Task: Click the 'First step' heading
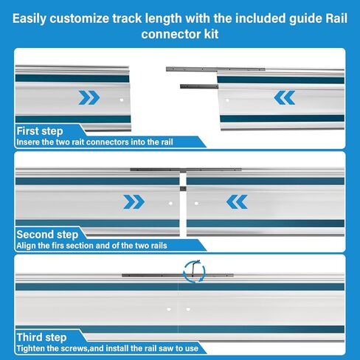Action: (x=40, y=131)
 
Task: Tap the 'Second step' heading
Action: (x=47, y=235)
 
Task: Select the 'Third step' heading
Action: (x=41, y=337)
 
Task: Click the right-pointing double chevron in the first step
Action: (x=89, y=97)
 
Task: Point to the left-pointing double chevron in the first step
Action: (x=285, y=97)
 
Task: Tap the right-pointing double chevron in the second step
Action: (x=134, y=202)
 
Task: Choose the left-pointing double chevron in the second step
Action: (x=237, y=202)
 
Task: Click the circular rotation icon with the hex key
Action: (x=194, y=271)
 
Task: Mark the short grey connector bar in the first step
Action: (x=199, y=86)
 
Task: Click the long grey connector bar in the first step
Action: (x=215, y=69)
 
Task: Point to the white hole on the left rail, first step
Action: (x=122, y=100)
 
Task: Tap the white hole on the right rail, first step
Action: (x=227, y=100)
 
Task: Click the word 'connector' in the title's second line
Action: (x=171, y=34)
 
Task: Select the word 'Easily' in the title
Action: (x=29, y=18)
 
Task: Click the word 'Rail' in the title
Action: (x=336, y=18)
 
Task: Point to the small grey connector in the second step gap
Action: (x=183, y=189)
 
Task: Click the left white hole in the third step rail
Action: (x=169, y=309)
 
